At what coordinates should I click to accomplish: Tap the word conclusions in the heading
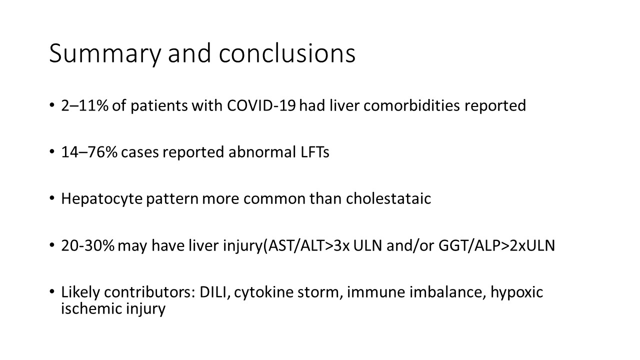287,53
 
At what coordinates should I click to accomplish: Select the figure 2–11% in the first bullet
85,105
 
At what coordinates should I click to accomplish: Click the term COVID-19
261,105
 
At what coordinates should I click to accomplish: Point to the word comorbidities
411,105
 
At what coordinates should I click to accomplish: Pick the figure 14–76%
89,152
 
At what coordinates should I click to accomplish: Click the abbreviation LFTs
315,152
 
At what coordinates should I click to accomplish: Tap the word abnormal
262,151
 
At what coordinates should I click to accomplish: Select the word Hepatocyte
101,199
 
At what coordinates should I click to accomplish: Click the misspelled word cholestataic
388,198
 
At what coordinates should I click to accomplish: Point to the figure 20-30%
87,245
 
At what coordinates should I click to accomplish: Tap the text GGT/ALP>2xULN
496,245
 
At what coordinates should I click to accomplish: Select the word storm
320,292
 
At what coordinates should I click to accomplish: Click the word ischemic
91,308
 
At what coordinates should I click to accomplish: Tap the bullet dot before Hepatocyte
51,198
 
